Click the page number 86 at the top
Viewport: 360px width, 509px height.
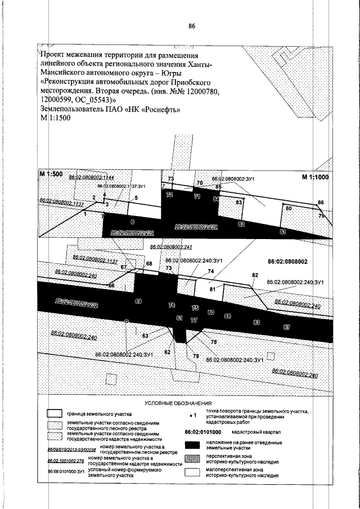click(192, 26)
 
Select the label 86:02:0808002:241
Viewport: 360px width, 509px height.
click(172, 247)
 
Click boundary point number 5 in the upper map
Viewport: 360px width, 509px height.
click(136, 198)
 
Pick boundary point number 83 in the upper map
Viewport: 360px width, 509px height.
click(238, 202)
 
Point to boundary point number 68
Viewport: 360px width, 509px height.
click(149, 263)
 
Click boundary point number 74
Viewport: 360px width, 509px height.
click(211, 271)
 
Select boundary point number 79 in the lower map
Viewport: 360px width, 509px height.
click(196, 356)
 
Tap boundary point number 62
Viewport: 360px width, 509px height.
click(166, 352)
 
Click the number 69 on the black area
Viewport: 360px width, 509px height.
click(138, 301)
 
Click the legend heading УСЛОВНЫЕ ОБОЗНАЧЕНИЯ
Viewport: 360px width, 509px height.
click(178, 404)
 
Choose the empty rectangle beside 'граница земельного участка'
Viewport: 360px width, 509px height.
click(54, 412)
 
